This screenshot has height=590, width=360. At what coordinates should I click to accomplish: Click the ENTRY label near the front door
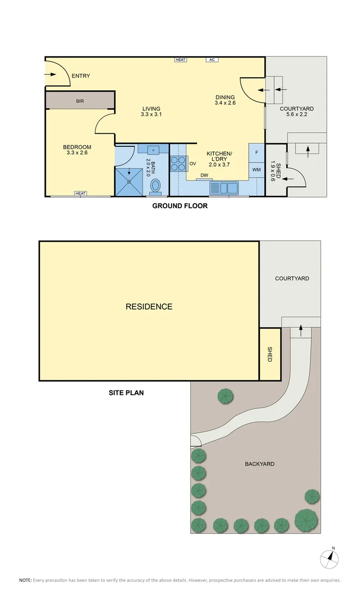point(80,76)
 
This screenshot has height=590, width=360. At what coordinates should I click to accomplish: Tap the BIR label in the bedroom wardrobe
point(80,101)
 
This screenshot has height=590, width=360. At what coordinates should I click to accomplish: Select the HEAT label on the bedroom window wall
point(81,193)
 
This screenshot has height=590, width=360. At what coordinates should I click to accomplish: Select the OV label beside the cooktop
point(192,163)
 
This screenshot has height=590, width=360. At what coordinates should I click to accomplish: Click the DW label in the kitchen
point(204,175)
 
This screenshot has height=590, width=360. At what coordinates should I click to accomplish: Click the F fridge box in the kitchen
point(257,152)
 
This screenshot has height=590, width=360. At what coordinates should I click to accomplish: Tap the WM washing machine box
point(257,170)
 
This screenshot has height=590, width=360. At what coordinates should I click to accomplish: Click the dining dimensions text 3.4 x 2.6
point(225,103)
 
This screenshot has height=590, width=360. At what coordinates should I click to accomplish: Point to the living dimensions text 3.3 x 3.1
point(151,115)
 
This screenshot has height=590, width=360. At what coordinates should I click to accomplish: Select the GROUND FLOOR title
point(179,206)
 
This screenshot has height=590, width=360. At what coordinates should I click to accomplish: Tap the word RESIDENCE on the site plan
point(149,306)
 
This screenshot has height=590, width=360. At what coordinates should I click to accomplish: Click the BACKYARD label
point(259,464)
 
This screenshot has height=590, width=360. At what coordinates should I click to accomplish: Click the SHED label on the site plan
point(269,354)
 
